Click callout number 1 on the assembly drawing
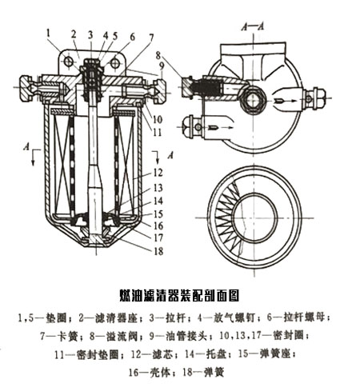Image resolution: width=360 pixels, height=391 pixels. [50, 33]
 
